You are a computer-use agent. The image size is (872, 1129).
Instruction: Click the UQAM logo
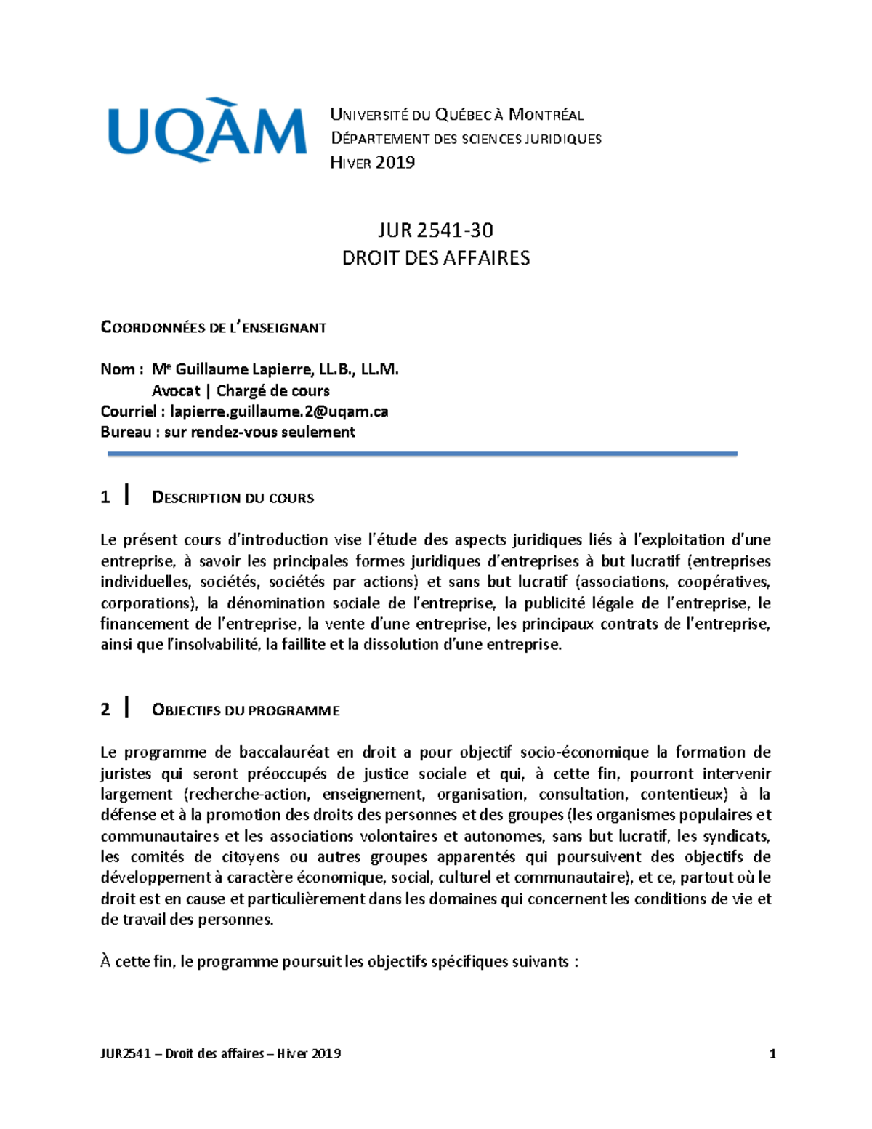click(x=207, y=131)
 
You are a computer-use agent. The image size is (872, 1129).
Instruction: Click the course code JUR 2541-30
click(x=435, y=230)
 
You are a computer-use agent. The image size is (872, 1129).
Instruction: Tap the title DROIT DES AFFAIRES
click(x=435, y=258)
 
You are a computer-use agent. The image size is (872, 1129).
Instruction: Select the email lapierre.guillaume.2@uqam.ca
click(x=279, y=411)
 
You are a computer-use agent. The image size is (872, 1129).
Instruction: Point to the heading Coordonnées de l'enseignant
click(x=213, y=328)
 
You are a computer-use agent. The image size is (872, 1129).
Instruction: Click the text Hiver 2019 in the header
click(x=372, y=163)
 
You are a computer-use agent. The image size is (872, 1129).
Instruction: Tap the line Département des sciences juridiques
click(x=466, y=139)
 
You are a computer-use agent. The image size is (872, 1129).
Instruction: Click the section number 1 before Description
click(x=105, y=497)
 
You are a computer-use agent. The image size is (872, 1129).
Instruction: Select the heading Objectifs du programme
click(x=246, y=710)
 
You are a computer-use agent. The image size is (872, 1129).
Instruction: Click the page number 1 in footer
click(x=772, y=1053)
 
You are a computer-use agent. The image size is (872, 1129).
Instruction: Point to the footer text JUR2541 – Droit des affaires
click(x=220, y=1053)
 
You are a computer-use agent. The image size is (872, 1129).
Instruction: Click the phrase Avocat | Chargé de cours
click(x=241, y=390)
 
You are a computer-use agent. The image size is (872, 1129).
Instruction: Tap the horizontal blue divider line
click(x=422, y=454)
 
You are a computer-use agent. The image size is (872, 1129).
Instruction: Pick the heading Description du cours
click(x=233, y=498)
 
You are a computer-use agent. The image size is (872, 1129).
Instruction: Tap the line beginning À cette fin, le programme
click(x=339, y=962)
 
